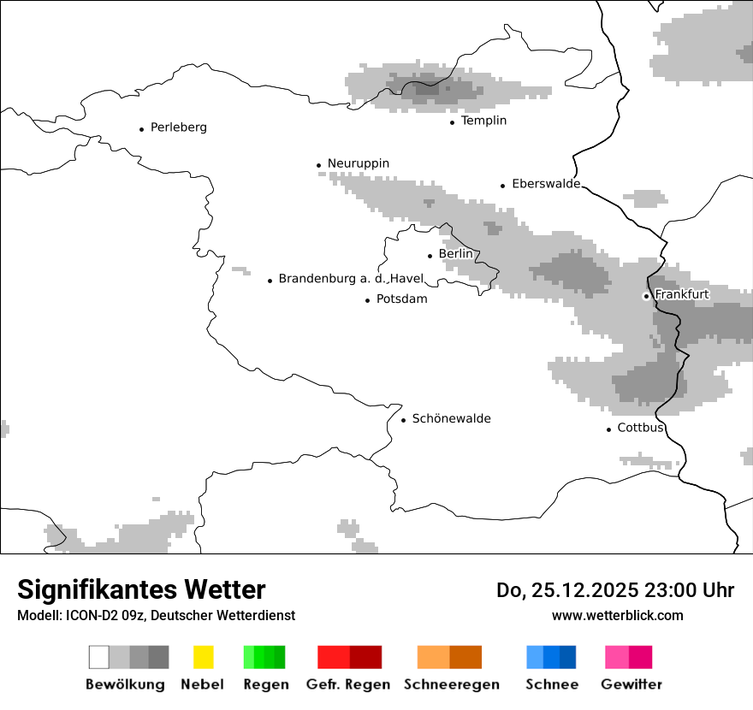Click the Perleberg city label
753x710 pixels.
pyautogui.click(x=178, y=127)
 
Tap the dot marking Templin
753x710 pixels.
pyautogui.click(x=452, y=122)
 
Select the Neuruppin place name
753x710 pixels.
pyautogui.click(x=358, y=163)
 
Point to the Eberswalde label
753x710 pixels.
pyautogui.click(x=545, y=184)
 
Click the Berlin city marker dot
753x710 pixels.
pyautogui.click(x=430, y=255)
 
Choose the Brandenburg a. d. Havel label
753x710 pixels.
pyautogui.click(x=351, y=279)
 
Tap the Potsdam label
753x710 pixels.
pyautogui.click(x=401, y=299)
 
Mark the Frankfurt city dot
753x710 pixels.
pyautogui.click(x=646, y=296)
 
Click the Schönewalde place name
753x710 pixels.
pyautogui.click(x=451, y=418)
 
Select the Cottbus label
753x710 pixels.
pyautogui.click(x=640, y=428)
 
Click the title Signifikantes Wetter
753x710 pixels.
pyautogui.click(x=141, y=589)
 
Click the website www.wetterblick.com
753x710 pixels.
pyautogui.click(x=617, y=615)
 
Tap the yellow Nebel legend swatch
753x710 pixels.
pyautogui.click(x=203, y=657)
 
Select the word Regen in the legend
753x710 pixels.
pyautogui.click(x=264, y=684)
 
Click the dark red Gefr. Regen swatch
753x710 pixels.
pyautogui.click(x=365, y=657)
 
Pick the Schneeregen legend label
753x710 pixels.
pyautogui.click(x=451, y=684)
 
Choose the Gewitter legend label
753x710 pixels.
pyautogui.click(x=631, y=684)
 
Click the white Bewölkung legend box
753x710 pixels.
pyautogui.click(x=99, y=657)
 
